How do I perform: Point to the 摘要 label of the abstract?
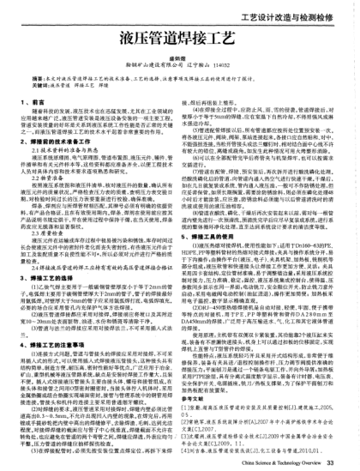click(x=35, y=75)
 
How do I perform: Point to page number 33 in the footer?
click(x=345, y=462)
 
